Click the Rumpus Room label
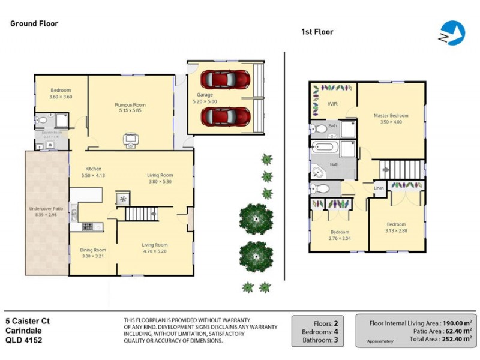tap(130, 105)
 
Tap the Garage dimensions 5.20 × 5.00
tap(205, 102)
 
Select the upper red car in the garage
tap(225, 79)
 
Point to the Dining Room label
tap(93, 250)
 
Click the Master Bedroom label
tap(391, 115)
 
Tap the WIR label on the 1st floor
tap(332, 104)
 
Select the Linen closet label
tap(379, 188)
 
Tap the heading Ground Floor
tap(34, 23)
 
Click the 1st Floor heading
tap(317, 32)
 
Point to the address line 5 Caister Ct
tap(28, 321)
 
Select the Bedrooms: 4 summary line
tap(316, 331)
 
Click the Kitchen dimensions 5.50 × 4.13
tap(93, 175)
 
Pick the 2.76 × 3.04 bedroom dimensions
tap(340, 238)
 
